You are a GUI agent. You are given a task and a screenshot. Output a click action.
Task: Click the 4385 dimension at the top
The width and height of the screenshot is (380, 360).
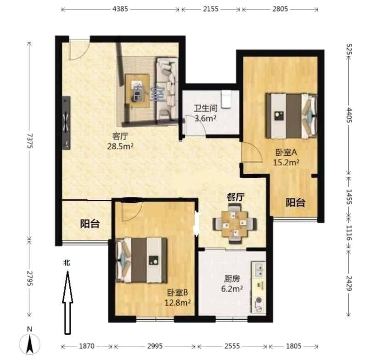pos(120,9)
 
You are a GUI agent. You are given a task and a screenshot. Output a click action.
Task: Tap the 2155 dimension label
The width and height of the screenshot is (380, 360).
pos(211,9)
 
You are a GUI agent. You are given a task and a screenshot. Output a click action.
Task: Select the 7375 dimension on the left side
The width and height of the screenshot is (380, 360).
pos(29,141)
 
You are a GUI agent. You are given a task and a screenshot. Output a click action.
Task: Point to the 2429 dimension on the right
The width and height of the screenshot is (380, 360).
pos(349,283)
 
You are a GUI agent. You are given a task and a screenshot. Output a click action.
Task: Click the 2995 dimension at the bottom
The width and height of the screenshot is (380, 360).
pos(155,346)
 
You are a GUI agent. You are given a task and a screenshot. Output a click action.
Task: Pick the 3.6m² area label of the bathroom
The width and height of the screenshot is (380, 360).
pos(206,118)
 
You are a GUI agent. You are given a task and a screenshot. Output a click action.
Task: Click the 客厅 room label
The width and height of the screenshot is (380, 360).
pos(120,136)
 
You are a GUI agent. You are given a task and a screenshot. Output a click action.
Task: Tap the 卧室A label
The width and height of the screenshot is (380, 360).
pos(286,152)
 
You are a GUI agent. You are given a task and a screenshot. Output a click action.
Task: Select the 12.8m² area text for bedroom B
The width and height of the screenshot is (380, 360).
pos(178,303)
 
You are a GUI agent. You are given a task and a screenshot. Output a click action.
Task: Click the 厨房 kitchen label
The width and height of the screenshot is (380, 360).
pos(232,279)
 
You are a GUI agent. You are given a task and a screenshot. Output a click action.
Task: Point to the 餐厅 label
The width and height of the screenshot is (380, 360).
pos(235,197)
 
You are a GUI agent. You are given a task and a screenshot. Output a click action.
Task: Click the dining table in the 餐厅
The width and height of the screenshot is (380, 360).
pos(235,224)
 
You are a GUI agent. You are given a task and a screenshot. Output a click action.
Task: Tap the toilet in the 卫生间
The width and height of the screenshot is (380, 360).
pos(227,99)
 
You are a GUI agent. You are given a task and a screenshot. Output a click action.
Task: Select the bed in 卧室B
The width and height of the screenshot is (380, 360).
pos(142,260)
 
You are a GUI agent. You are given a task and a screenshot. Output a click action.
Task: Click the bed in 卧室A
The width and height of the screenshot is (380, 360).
pos(291,116)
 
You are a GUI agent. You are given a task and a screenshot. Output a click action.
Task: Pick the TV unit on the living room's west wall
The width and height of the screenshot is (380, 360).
pos(66,123)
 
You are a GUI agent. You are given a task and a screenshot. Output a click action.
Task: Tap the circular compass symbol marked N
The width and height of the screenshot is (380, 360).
pos(30,344)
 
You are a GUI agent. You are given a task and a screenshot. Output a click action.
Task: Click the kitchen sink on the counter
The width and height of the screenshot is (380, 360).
pos(259,270)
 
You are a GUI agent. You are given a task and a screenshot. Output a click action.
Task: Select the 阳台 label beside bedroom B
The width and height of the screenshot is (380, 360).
pos(90,224)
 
